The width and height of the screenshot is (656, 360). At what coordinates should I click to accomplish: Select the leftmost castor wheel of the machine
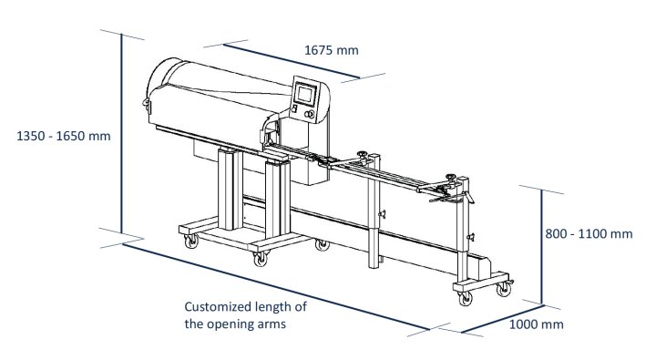coord(191,242)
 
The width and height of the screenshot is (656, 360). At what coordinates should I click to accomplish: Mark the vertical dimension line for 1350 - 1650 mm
coord(121,137)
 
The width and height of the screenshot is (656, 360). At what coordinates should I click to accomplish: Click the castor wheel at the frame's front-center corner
coord(261,259)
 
